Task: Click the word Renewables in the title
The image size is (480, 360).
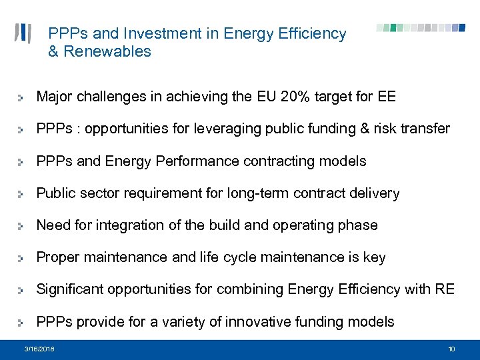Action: tap(107, 52)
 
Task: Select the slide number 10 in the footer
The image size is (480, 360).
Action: tap(451, 349)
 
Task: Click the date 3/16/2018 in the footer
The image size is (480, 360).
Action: tap(40, 349)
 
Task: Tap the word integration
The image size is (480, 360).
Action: tap(127, 226)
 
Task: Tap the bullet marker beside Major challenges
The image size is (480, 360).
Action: tap(22, 98)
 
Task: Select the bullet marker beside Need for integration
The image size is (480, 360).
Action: tap(22, 227)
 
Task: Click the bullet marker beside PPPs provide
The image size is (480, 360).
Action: tap(22, 323)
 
